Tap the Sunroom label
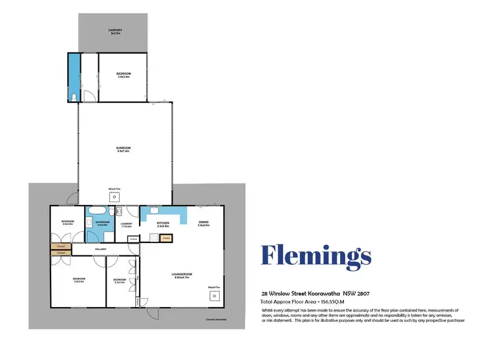[123, 149]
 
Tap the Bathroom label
[102, 224]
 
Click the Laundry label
[126, 225]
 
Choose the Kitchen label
[162, 224]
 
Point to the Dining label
[204, 224]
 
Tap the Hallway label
[100, 249]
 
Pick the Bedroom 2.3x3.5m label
[120, 281]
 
